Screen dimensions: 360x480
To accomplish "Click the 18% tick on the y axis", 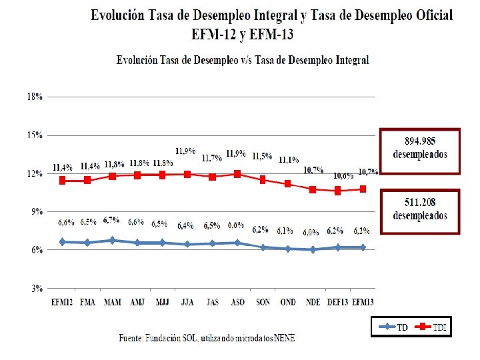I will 35,96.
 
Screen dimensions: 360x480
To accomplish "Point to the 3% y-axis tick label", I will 35,289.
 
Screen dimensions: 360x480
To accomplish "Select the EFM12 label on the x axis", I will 62,302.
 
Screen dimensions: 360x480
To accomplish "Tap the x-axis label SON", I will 263,302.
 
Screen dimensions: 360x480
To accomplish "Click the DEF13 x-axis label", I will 337,302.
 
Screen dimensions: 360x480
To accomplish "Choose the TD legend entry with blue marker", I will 393,327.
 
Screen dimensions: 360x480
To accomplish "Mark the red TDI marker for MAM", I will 112,176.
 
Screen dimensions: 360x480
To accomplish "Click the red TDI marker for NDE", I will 313,189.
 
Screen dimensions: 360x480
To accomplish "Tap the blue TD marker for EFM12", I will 62,242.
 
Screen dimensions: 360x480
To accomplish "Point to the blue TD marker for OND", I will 287,249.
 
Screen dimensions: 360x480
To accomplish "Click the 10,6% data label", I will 344,175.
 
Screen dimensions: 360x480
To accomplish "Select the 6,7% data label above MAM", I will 111,220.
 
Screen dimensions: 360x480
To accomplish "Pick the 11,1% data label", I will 289,160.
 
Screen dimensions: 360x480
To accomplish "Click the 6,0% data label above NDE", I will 311,233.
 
